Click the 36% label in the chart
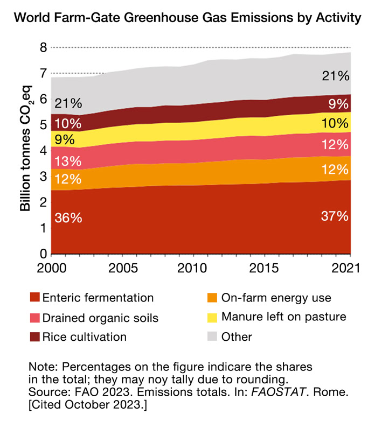(68, 219)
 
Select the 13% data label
(68, 160)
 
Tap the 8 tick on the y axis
(43, 48)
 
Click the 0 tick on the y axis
(43, 254)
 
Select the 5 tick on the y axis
(43, 125)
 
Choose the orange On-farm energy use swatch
(212, 298)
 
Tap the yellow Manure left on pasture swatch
(212, 317)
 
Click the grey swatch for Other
(212, 337)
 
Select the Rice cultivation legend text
(85, 337)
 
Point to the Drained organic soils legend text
(100, 318)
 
